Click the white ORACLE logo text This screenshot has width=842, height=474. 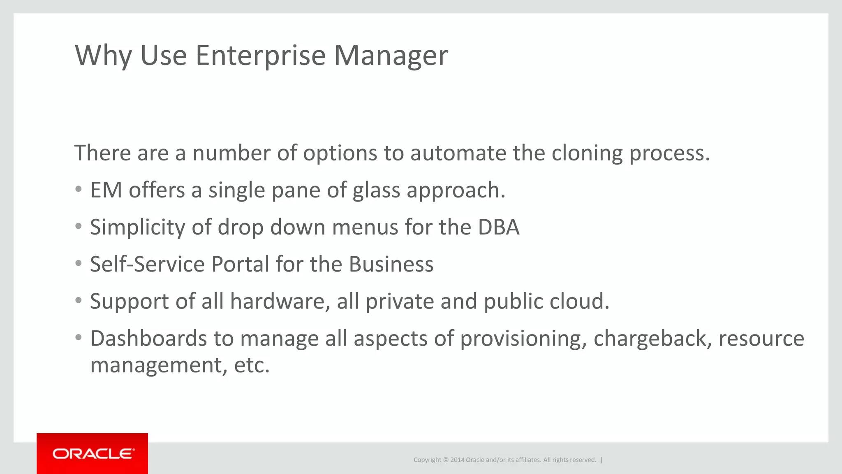93,454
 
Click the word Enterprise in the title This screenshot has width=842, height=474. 261,56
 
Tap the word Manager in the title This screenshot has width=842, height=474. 391,56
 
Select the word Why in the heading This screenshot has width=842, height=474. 103,56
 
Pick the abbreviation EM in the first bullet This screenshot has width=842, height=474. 106,191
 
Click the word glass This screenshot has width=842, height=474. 376,191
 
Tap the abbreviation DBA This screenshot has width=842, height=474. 498,228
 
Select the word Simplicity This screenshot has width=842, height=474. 138,228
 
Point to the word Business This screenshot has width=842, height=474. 391,264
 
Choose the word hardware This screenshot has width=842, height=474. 280,302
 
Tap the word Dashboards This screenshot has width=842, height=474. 148,339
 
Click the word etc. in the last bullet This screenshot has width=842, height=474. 252,365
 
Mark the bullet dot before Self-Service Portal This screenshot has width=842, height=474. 79,263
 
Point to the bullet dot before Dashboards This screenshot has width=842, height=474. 79,338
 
